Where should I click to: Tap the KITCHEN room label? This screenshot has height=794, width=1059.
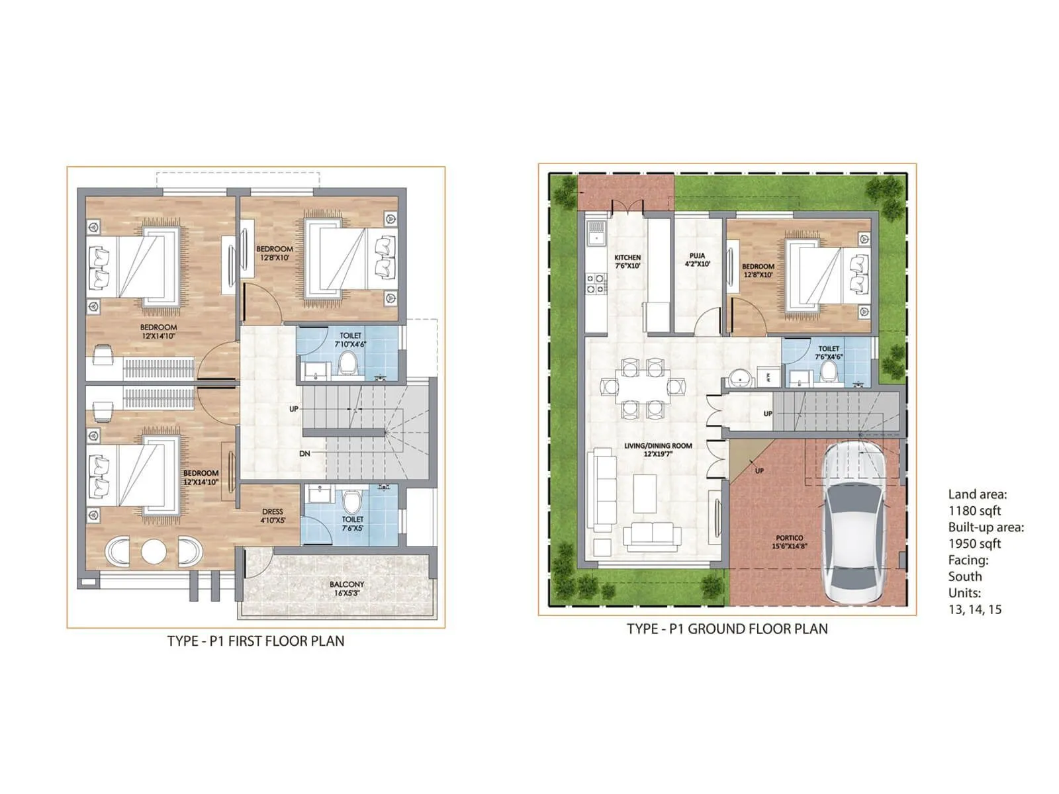tap(627, 261)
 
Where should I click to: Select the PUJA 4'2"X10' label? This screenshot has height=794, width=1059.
tap(697, 259)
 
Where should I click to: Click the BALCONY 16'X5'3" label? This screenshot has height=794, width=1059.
tap(347, 588)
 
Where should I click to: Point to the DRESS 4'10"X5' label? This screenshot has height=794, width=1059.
tap(273, 515)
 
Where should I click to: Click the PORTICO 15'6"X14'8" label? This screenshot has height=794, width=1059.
tap(789, 542)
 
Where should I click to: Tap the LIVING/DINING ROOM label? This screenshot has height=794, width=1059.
tap(658, 449)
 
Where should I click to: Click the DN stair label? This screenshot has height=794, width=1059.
tap(304, 453)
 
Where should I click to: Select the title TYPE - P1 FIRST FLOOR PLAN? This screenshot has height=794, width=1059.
tap(255, 640)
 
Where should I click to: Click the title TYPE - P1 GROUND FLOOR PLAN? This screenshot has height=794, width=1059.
tap(727, 629)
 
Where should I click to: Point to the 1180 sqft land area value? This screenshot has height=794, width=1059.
tap(974, 511)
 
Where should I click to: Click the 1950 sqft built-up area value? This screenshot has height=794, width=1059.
tap(974, 544)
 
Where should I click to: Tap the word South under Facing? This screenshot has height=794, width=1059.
tap(964, 576)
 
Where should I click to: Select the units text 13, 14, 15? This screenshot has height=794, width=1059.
tap(974, 609)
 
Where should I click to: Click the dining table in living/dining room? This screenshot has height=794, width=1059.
tap(642, 387)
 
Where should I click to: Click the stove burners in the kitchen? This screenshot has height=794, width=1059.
tap(594, 284)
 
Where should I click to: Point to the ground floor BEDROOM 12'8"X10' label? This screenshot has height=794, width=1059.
tap(758, 270)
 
